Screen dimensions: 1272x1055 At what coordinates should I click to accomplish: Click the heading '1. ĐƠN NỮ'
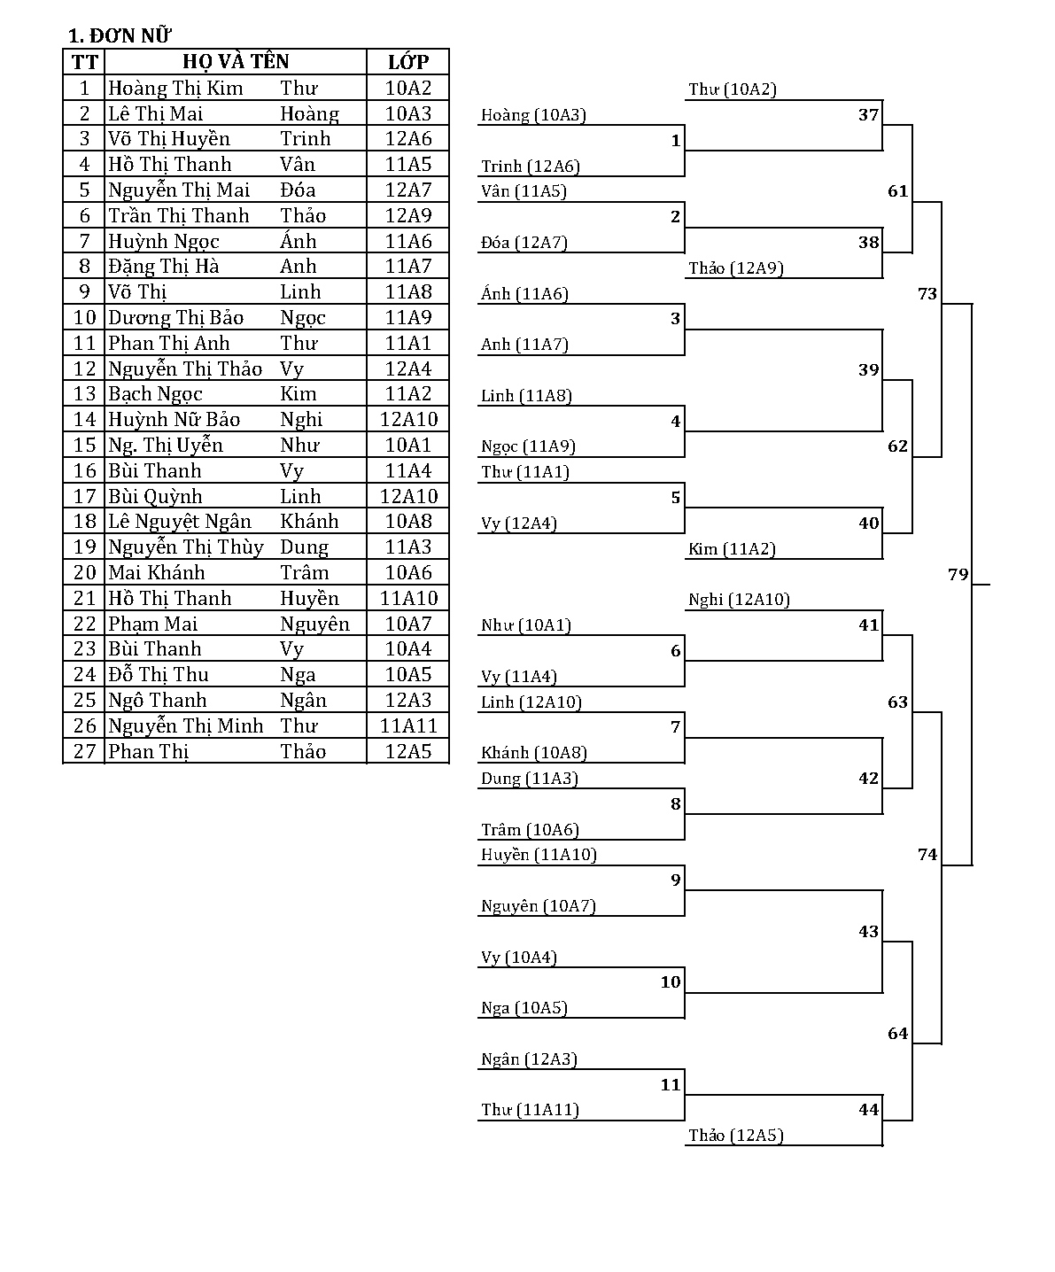[x=120, y=35]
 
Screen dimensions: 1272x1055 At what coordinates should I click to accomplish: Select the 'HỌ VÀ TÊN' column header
[x=236, y=62]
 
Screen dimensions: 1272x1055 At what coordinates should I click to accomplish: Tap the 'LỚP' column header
[x=408, y=62]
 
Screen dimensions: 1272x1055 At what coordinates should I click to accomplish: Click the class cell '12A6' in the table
[x=408, y=139]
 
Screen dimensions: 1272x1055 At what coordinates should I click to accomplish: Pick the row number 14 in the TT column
[x=85, y=420]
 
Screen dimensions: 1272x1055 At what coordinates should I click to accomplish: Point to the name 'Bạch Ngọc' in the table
[x=156, y=394]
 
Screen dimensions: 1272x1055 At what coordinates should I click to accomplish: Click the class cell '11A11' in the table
[x=408, y=726]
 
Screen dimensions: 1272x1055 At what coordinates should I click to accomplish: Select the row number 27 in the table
[x=85, y=752]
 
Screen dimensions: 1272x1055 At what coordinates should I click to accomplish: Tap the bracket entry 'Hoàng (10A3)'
[x=533, y=115]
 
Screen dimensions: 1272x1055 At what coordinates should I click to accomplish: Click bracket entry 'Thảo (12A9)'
[x=736, y=268]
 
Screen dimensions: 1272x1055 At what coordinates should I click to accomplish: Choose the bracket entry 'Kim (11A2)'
[x=732, y=549]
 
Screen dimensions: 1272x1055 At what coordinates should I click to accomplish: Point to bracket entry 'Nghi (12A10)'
[x=739, y=600]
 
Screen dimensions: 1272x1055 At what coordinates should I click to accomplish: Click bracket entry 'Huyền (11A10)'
[x=539, y=855]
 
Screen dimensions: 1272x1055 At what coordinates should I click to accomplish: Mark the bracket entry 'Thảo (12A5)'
[x=736, y=1136]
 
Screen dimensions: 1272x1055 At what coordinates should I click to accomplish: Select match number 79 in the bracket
[x=958, y=574]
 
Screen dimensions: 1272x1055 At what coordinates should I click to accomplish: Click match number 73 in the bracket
[x=927, y=293]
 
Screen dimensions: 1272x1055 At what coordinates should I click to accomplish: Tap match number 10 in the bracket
[x=671, y=981]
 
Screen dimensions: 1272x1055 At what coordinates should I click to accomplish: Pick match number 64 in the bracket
[x=898, y=1034]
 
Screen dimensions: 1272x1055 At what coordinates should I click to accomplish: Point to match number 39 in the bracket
[x=869, y=370]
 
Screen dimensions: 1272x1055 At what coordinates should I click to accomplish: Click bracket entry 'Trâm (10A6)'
[x=530, y=830]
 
